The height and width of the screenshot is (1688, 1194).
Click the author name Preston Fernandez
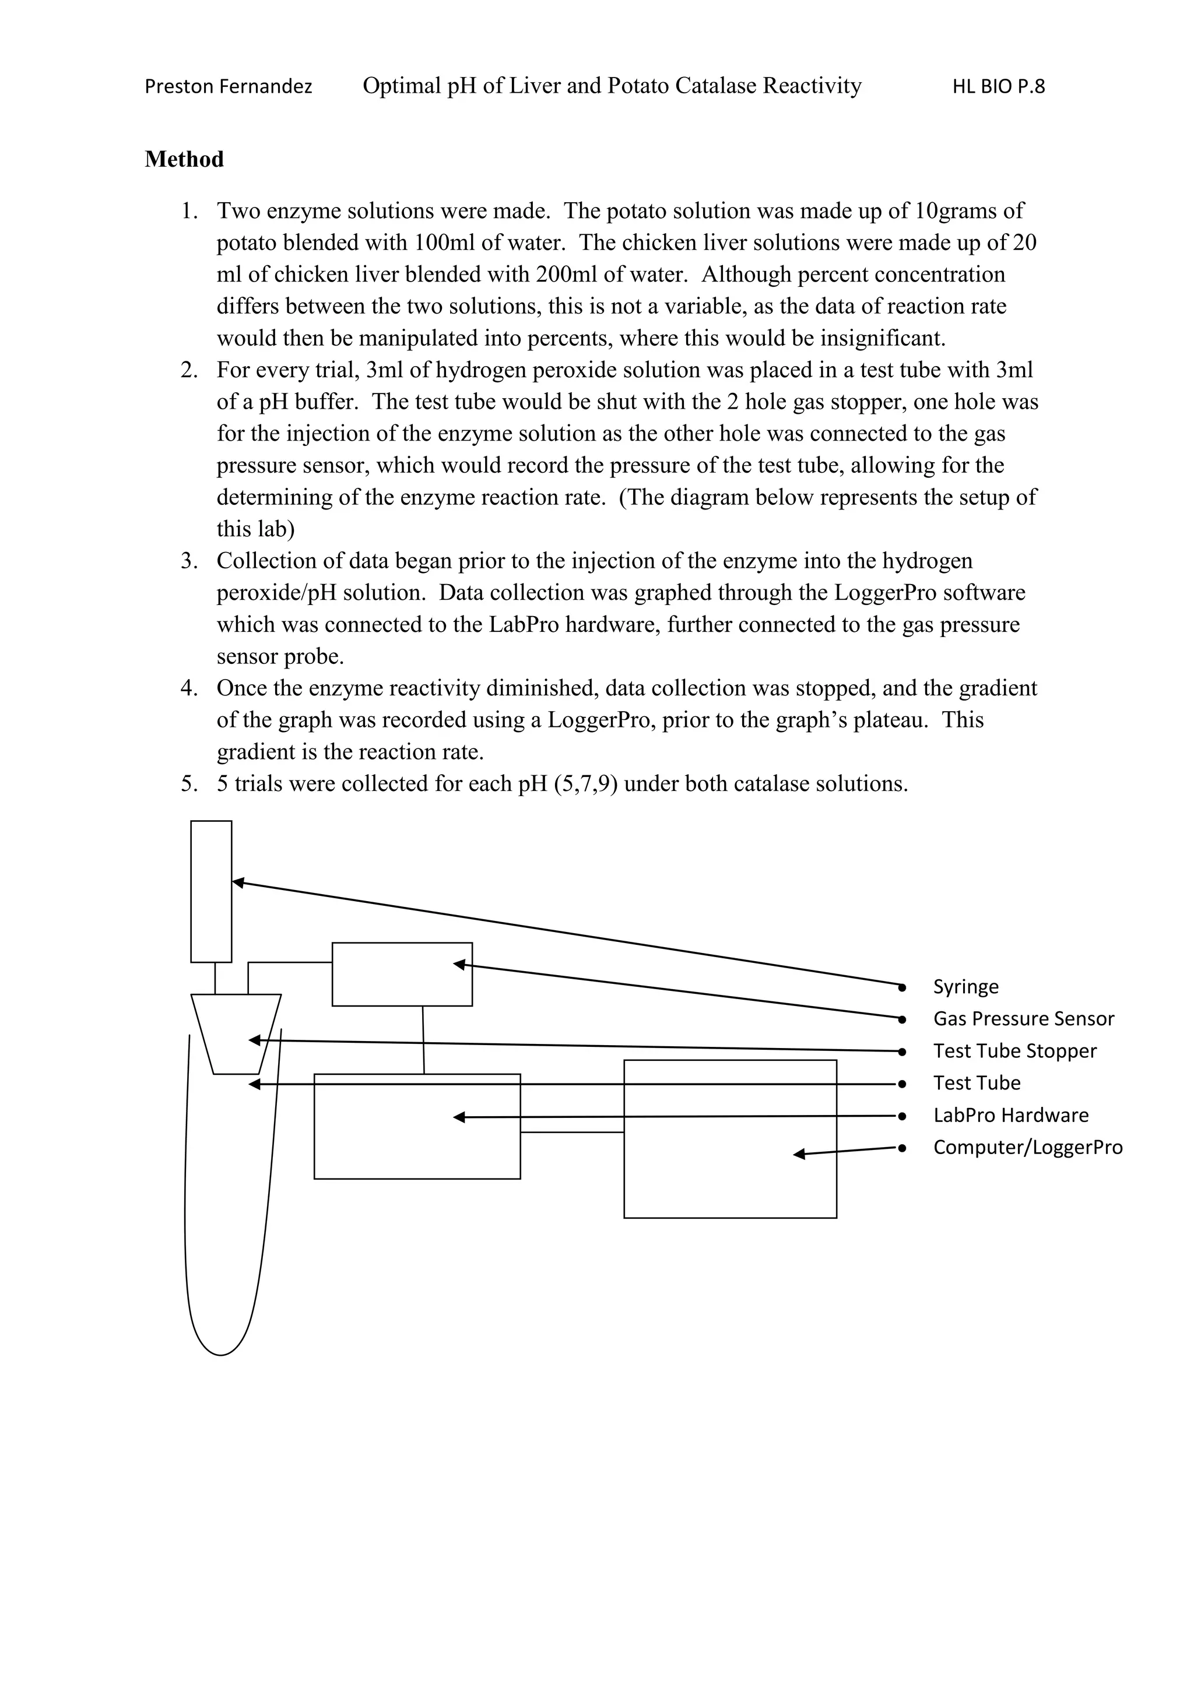[228, 87]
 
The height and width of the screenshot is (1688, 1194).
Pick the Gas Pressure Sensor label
[1023, 1018]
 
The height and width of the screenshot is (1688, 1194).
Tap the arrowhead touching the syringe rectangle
[237, 882]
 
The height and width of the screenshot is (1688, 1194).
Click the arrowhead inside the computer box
[799, 1154]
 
